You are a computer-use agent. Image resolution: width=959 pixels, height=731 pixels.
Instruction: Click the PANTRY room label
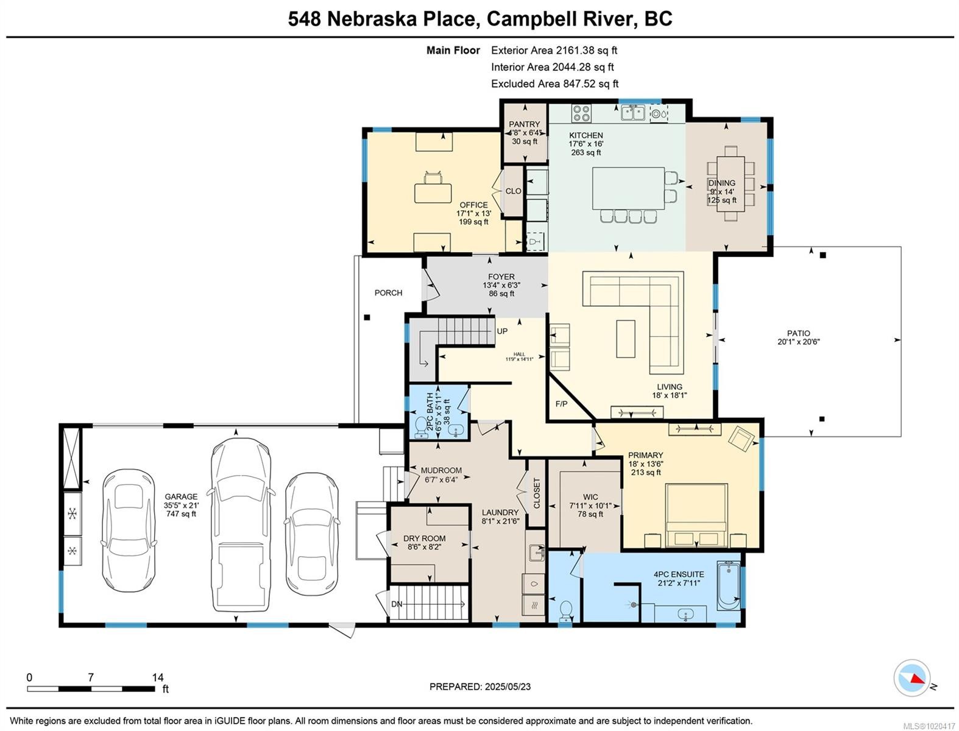click(x=525, y=124)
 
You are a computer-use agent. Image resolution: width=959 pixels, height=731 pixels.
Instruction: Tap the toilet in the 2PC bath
click(x=420, y=427)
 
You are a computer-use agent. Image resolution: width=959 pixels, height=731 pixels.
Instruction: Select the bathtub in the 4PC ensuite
click(x=728, y=586)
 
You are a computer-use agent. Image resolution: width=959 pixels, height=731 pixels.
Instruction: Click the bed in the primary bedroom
click(x=696, y=515)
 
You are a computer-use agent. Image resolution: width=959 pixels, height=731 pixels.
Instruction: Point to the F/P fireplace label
click(x=561, y=404)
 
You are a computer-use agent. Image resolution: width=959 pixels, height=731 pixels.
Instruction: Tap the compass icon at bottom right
click(x=912, y=678)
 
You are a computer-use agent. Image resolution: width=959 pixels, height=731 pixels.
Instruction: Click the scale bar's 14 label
click(x=158, y=677)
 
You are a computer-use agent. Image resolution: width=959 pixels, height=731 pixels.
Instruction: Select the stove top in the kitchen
click(x=581, y=113)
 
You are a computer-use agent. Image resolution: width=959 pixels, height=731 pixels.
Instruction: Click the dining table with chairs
click(x=730, y=183)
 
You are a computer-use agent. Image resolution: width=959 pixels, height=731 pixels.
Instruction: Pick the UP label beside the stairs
click(x=502, y=331)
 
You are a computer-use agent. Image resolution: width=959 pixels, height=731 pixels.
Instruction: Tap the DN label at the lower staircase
click(x=397, y=604)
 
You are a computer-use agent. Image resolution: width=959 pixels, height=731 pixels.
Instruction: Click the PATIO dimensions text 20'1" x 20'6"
click(x=798, y=342)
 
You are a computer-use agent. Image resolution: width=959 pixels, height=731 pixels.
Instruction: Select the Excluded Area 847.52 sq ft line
click(x=554, y=84)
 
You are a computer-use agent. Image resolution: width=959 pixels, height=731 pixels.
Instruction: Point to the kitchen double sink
click(x=634, y=113)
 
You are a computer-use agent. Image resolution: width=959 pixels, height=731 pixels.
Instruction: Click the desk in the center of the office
click(x=433, y=192)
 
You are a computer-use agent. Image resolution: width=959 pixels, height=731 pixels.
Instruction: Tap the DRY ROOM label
click(x=424, y=539)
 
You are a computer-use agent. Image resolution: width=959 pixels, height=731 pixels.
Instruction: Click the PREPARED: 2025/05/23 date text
click(x=479, y=687)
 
